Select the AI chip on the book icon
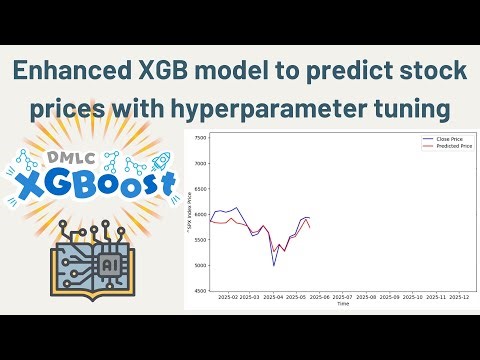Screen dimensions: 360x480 click(109, 264)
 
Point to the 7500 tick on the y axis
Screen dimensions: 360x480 click(201, 137)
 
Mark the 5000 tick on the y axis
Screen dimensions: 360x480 click(201, 265)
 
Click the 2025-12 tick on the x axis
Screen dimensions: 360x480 click(459, 297)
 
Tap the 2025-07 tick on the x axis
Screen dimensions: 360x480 click(342, 297)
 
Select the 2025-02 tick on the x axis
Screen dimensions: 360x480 click(225, 297)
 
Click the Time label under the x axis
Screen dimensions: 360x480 click(343, 303)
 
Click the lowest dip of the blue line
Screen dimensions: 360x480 click(274, 265)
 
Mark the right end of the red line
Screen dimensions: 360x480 click(310, 227)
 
